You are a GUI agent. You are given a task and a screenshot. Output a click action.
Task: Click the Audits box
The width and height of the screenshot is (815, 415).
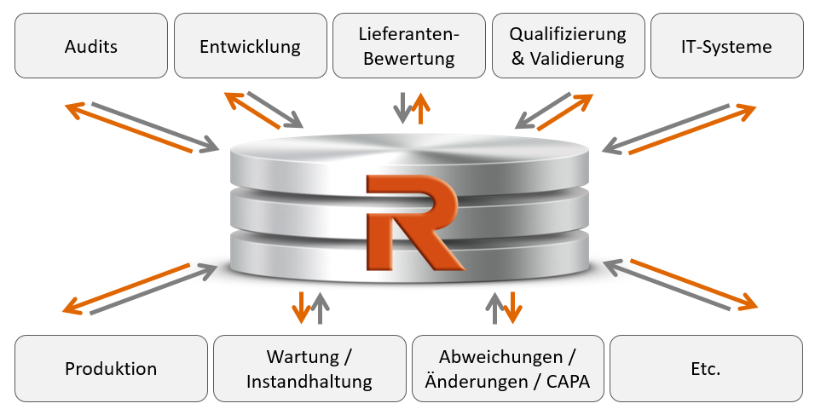point(91,46)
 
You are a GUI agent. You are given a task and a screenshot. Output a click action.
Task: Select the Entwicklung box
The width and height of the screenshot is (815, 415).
point(251,46)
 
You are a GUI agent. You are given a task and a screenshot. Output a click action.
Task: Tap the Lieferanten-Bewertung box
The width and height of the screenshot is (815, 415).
point(409,46)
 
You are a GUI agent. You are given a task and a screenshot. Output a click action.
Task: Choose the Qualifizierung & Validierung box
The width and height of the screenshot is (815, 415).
point(568,46)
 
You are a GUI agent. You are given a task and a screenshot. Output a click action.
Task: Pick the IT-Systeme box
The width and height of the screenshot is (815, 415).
point(727,46)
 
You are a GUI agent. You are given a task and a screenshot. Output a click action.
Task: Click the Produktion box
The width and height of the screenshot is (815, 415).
point(111,368)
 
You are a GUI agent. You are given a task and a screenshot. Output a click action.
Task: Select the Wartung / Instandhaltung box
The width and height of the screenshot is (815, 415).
point(309,368)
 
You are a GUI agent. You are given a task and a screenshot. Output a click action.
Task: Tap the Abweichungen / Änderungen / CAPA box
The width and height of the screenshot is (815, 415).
point(508,368)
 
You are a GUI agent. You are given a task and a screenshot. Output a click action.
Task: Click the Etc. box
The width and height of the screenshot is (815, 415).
point(706,368)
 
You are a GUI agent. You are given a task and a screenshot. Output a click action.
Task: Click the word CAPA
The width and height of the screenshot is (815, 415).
point(568,382)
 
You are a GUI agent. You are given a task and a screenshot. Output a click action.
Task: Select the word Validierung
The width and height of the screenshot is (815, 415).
point(577,59)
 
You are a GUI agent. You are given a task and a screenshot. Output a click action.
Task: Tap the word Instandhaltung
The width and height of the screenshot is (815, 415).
point(309,382)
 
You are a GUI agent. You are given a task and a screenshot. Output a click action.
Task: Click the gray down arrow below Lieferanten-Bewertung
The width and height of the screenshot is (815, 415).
point(402,107)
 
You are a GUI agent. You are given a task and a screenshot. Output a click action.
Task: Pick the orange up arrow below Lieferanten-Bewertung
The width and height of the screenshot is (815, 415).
point(420,108)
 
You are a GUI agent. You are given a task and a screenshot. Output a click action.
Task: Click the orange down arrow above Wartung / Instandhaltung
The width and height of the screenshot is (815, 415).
point(301,308)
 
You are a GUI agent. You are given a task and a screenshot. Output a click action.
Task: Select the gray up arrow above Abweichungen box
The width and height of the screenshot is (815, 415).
point(494,308)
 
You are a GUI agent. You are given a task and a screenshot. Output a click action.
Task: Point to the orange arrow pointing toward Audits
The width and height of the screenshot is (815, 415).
point(129,128)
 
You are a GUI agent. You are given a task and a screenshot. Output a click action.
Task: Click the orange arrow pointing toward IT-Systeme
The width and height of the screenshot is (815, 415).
point(692,130)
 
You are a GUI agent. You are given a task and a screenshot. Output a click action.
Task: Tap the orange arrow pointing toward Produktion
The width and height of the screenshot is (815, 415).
point(126,289)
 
